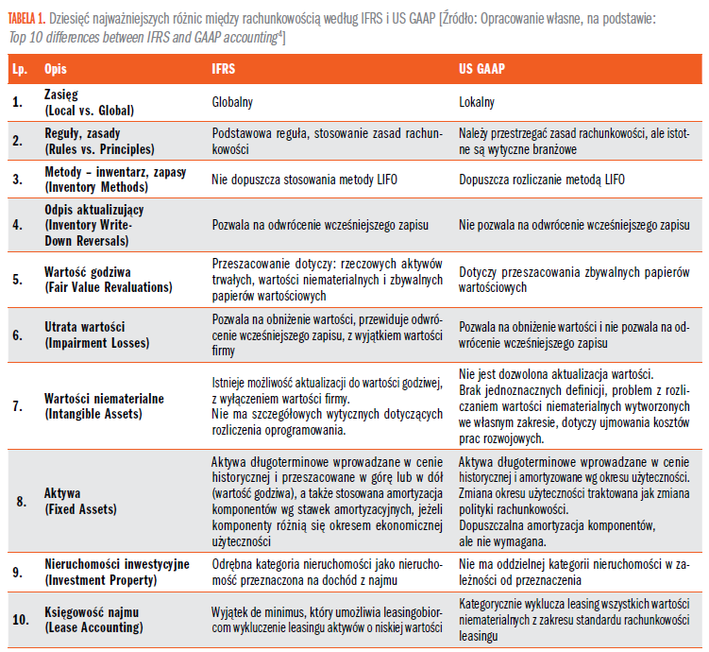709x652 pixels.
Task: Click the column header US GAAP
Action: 481,69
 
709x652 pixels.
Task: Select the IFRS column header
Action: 224,69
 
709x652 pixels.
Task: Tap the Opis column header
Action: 55,69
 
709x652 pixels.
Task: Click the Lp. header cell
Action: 20,69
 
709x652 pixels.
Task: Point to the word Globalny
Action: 232,102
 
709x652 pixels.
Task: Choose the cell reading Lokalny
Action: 477,102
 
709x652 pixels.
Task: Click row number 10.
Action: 21,620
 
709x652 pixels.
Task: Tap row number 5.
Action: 17,280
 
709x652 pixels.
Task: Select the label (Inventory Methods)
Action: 96,187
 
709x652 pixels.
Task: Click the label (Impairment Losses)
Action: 96,343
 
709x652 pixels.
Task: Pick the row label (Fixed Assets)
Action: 80,509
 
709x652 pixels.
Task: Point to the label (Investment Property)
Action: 100,580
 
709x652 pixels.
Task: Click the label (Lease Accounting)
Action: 93,627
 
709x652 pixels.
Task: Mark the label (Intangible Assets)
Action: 93,414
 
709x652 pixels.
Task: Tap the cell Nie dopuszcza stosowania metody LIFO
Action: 304,180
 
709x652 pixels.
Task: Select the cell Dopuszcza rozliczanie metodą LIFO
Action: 542,180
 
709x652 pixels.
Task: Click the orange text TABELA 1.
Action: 26,19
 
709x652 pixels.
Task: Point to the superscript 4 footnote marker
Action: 279,33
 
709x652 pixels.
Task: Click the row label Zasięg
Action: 61,95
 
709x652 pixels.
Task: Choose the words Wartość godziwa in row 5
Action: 87,272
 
